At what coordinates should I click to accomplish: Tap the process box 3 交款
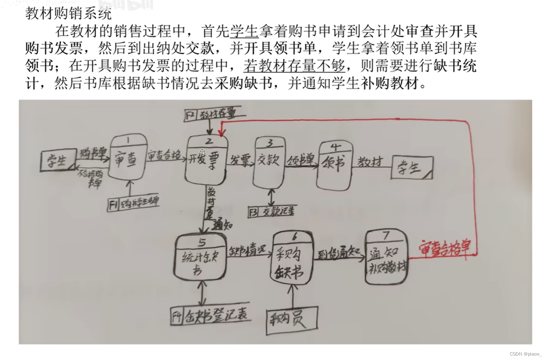269,163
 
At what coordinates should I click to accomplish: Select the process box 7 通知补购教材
387,256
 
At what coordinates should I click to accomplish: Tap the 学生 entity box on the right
412,167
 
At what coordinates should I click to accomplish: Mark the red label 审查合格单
445,250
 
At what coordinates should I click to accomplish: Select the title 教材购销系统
68,14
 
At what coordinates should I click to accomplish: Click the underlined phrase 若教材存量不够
294,65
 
